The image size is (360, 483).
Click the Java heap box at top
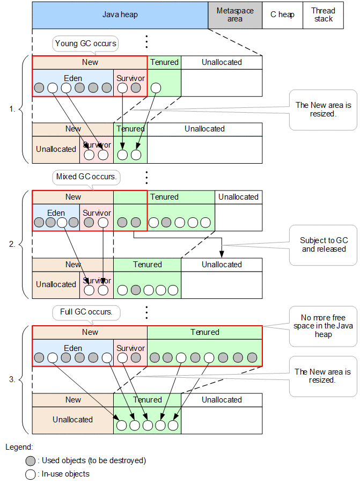click(x=120, y=15)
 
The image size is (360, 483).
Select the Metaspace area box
click(x=235, y=15)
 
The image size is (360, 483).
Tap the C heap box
click(x=282, y=15)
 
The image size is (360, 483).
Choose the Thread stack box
click(x=324, y=15)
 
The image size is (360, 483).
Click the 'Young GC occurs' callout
click(x=86, y=43)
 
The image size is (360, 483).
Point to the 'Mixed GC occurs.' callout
click(x=86, y=177)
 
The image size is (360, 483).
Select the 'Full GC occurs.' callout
click(x=86, y=312)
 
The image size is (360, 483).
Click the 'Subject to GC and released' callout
click(x=324, y=245)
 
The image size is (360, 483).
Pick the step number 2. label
click(x=13, y=244)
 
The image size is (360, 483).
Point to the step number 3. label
click(x=13, y=379)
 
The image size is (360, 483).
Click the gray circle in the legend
click(x=31, y=460)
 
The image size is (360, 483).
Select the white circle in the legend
click(x=31, y=474)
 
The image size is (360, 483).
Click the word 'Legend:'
click(x=19, y=447)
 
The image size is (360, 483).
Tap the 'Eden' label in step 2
click(x=56, y=213)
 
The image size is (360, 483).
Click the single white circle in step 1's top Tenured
click(x=156, y=88)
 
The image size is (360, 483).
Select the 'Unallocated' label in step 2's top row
click(x=238, y=197)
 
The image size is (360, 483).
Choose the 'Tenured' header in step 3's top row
click(x=205, y=332)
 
